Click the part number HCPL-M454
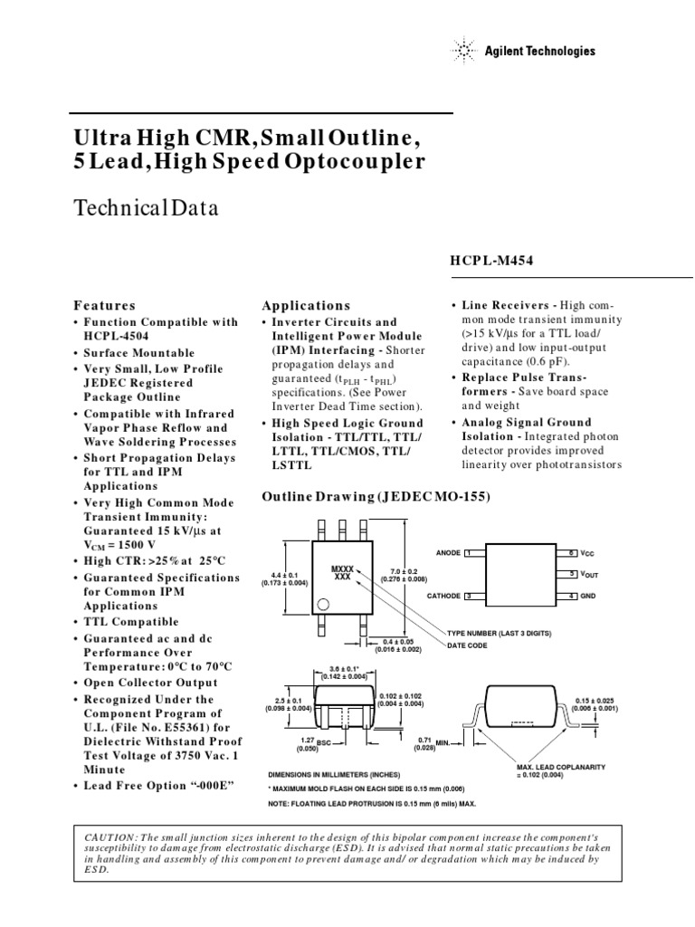[x=492, y=261]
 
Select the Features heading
[x=105, y=306]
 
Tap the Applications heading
[x=305, y=306]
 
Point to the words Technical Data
[x=146, y=208]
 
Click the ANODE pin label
[x=447, y=551]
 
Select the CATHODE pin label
[x=443, y=596]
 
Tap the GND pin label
[x=589, y=596]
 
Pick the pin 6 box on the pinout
[x=572, y=551]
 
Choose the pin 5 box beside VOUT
[x=572, y=574]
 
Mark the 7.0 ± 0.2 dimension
[x=399, y=573]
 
